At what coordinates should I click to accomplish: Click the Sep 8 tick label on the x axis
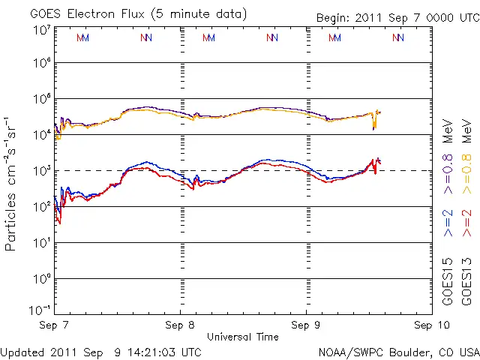click(x=180, y=325)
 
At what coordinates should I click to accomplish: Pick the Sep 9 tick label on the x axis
click(x=306, y=325)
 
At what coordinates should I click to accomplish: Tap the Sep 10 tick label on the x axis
click(x=430, y=325)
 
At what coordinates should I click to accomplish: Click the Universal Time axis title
click(x=242, y=337)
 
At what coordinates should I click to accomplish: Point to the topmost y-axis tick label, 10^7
click(x=41, y=30)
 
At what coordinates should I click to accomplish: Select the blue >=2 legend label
click(x=448, y=223)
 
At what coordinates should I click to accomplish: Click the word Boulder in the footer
click(x=396, y=351)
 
